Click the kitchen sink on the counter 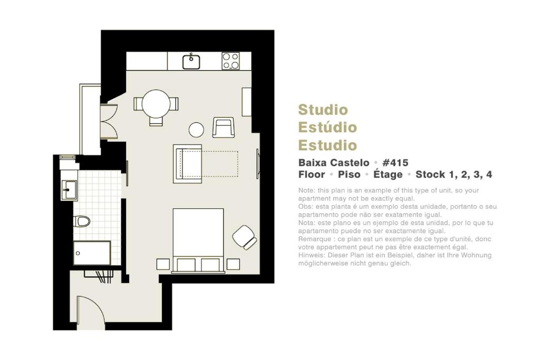pos(191,62)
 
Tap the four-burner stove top pos(230,61)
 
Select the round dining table pos(156,104)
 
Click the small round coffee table pos(196,130)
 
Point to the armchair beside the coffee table pos(224,128)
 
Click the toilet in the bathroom pos(82,221)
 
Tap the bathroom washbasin pos(69,190)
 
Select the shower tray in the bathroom pos(92,253)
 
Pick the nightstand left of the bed pos(163,264)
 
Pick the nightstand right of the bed pos(233,264)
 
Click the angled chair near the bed pos(244,237)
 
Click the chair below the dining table pos(156,121)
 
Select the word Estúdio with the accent pos(327,128)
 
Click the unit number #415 pos(396,162)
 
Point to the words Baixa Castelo pos(334,162)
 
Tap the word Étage pos(388,174)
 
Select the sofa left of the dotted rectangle pos(187,163)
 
